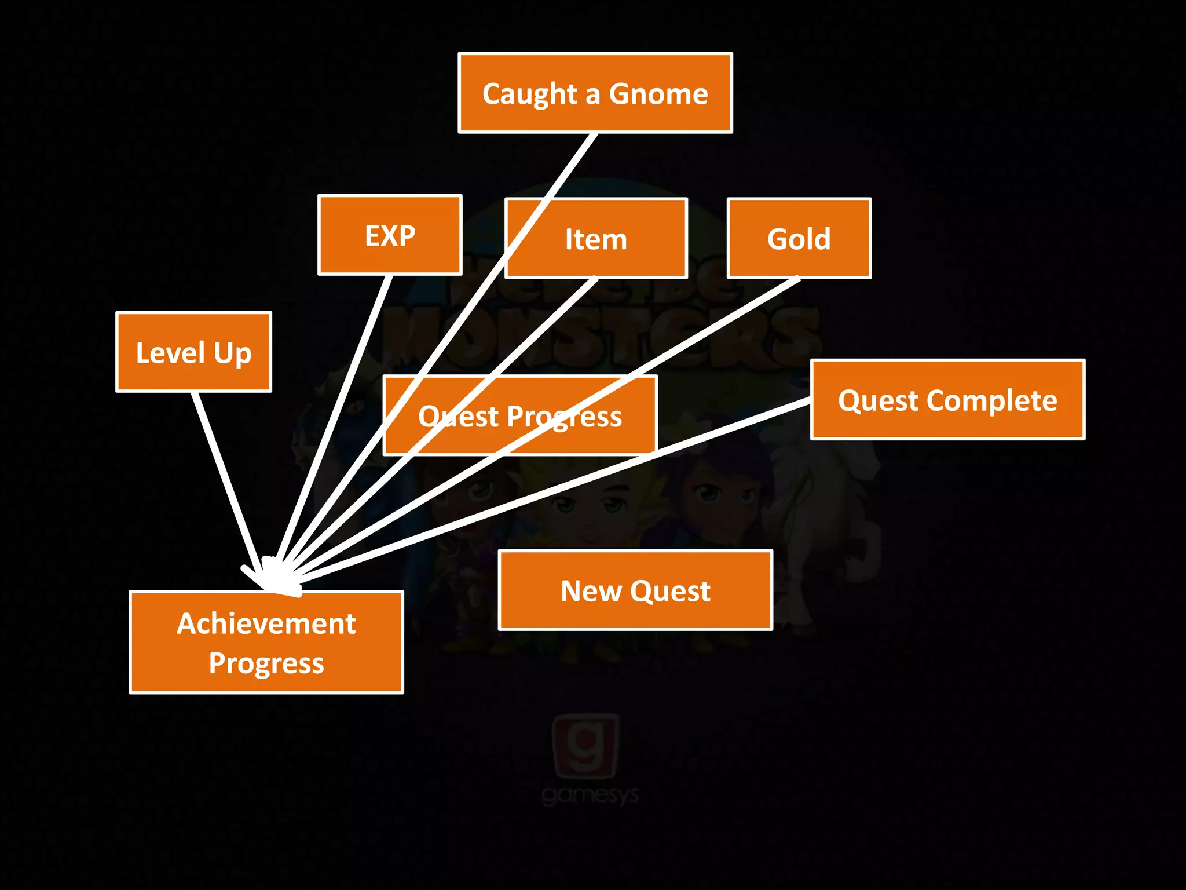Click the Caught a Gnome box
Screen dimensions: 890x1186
(x=595, y=93)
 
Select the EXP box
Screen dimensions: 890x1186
(x=390, y=235)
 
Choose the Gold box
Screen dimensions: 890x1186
(x=799, y=238)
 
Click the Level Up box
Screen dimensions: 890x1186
(x=193, y=352)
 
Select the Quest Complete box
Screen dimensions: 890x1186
(x=947, y=400)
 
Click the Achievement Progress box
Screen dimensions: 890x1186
(x=266, y=642)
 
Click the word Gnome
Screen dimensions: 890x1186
(x=658, y=93)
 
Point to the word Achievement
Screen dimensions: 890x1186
(x=266, y=623)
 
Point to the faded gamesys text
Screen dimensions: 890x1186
(x=590, y=795)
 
